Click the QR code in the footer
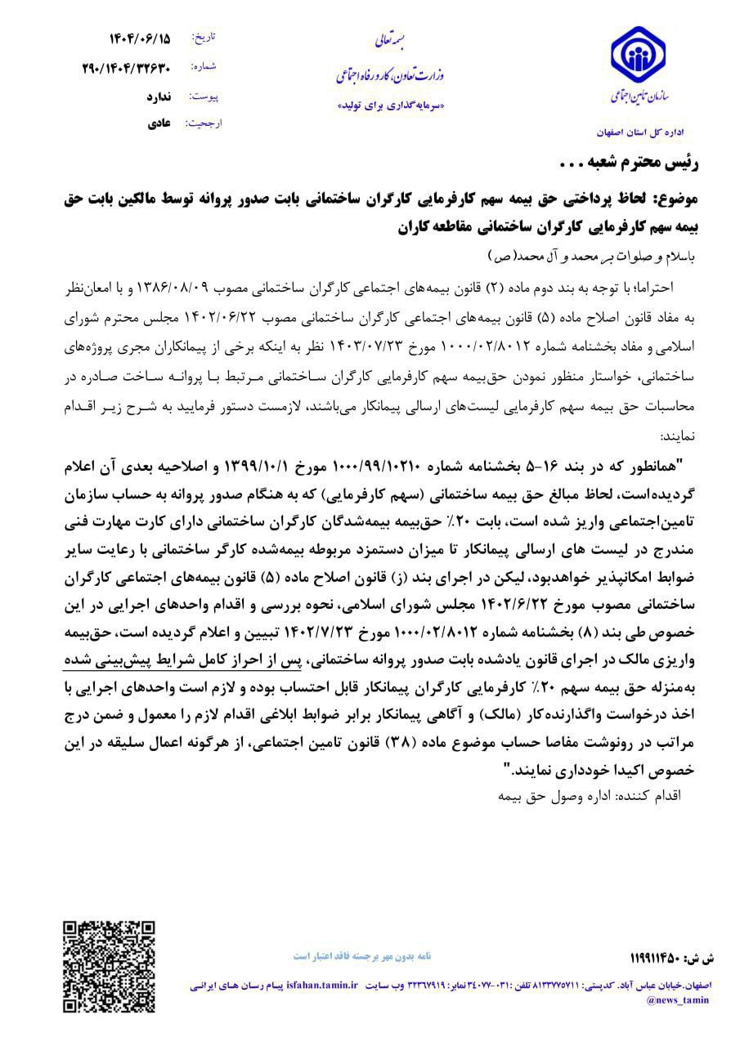(109, 964)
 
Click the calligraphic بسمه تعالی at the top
(383, 38)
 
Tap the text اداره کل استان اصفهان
(642, 131)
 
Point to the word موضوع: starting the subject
(699, 197)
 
